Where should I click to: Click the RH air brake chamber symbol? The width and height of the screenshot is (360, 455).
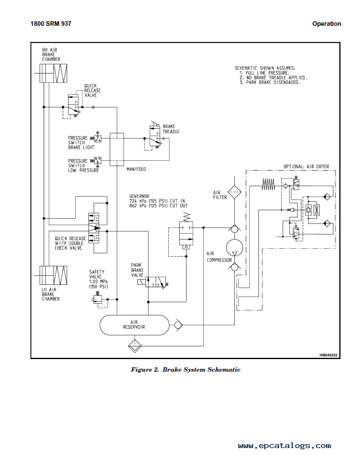[53, 74]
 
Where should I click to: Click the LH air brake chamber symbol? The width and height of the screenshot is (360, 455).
[53, 275]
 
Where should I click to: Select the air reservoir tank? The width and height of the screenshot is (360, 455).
[134, 325]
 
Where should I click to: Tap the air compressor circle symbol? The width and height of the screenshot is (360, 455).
[234, 248]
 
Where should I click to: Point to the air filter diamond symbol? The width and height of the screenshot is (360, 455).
[234, 191]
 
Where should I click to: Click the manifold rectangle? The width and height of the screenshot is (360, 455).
[117, 149]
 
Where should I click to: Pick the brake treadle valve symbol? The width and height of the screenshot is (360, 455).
[156, 135]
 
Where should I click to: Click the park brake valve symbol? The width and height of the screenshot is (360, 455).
[153, 282]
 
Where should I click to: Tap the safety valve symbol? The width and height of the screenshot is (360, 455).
[98, 299]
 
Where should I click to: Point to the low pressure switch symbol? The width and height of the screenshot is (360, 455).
[96, 161]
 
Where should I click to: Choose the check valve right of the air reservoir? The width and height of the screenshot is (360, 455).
[178, 325]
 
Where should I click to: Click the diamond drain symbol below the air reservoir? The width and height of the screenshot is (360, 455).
[134, 346]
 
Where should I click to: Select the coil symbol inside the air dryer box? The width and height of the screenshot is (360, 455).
[268, 184]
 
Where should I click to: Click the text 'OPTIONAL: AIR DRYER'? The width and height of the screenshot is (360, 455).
[306, 167]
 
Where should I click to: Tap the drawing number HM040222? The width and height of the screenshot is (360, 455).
[328, 355]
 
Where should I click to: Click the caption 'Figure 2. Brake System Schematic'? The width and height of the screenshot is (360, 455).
[185, 369]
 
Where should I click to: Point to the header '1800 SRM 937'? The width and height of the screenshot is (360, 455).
[51, 24]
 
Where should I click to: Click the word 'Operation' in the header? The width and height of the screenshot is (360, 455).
[327, 24]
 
